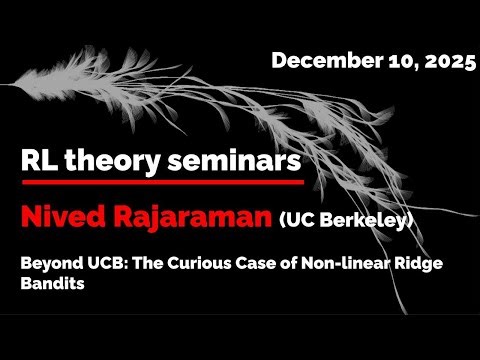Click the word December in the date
tap(317, 61)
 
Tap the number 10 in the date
tap(384, 61)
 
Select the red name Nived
tap(62, 216)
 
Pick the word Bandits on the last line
tap(53, 284)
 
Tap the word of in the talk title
tap(281, 263)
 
